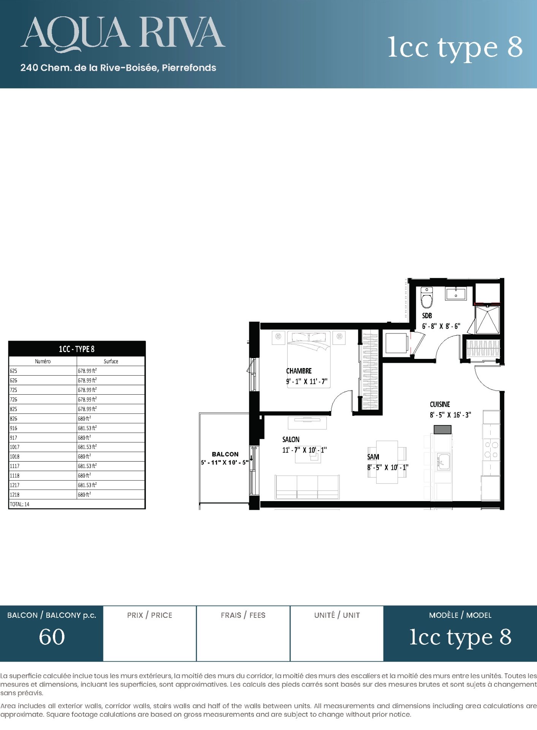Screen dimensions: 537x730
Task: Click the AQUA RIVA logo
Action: (x=123, y=34)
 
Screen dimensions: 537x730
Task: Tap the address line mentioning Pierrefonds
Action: (x=118, y=68)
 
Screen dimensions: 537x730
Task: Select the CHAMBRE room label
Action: (x=299, y=371)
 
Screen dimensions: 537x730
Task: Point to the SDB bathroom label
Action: (x=427, y=316)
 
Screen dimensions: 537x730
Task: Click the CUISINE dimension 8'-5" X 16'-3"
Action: (x=450, y=415)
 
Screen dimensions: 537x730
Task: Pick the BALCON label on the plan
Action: (x=225, y=454)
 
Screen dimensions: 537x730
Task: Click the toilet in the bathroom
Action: (x=427, y=297)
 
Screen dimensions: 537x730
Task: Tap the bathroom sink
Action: (x=456, y=294)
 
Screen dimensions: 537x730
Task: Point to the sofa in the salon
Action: (x=307, y=487)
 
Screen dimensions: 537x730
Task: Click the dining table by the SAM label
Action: (x=387, y=462)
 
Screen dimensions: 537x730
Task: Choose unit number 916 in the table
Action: (x=14, y=428)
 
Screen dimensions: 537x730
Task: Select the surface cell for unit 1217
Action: (x=87, y=485)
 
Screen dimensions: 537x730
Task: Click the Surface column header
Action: (x=111, y=361)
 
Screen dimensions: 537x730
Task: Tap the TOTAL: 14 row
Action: (x=19, y=504)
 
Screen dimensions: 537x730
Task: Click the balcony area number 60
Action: (x=52, y=637)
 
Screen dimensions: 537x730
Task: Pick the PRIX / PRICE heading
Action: (x=150, y=615)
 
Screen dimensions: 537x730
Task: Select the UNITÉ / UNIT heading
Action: (x=337, y=615)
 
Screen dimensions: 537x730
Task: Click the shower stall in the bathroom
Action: (x=487, y=320)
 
